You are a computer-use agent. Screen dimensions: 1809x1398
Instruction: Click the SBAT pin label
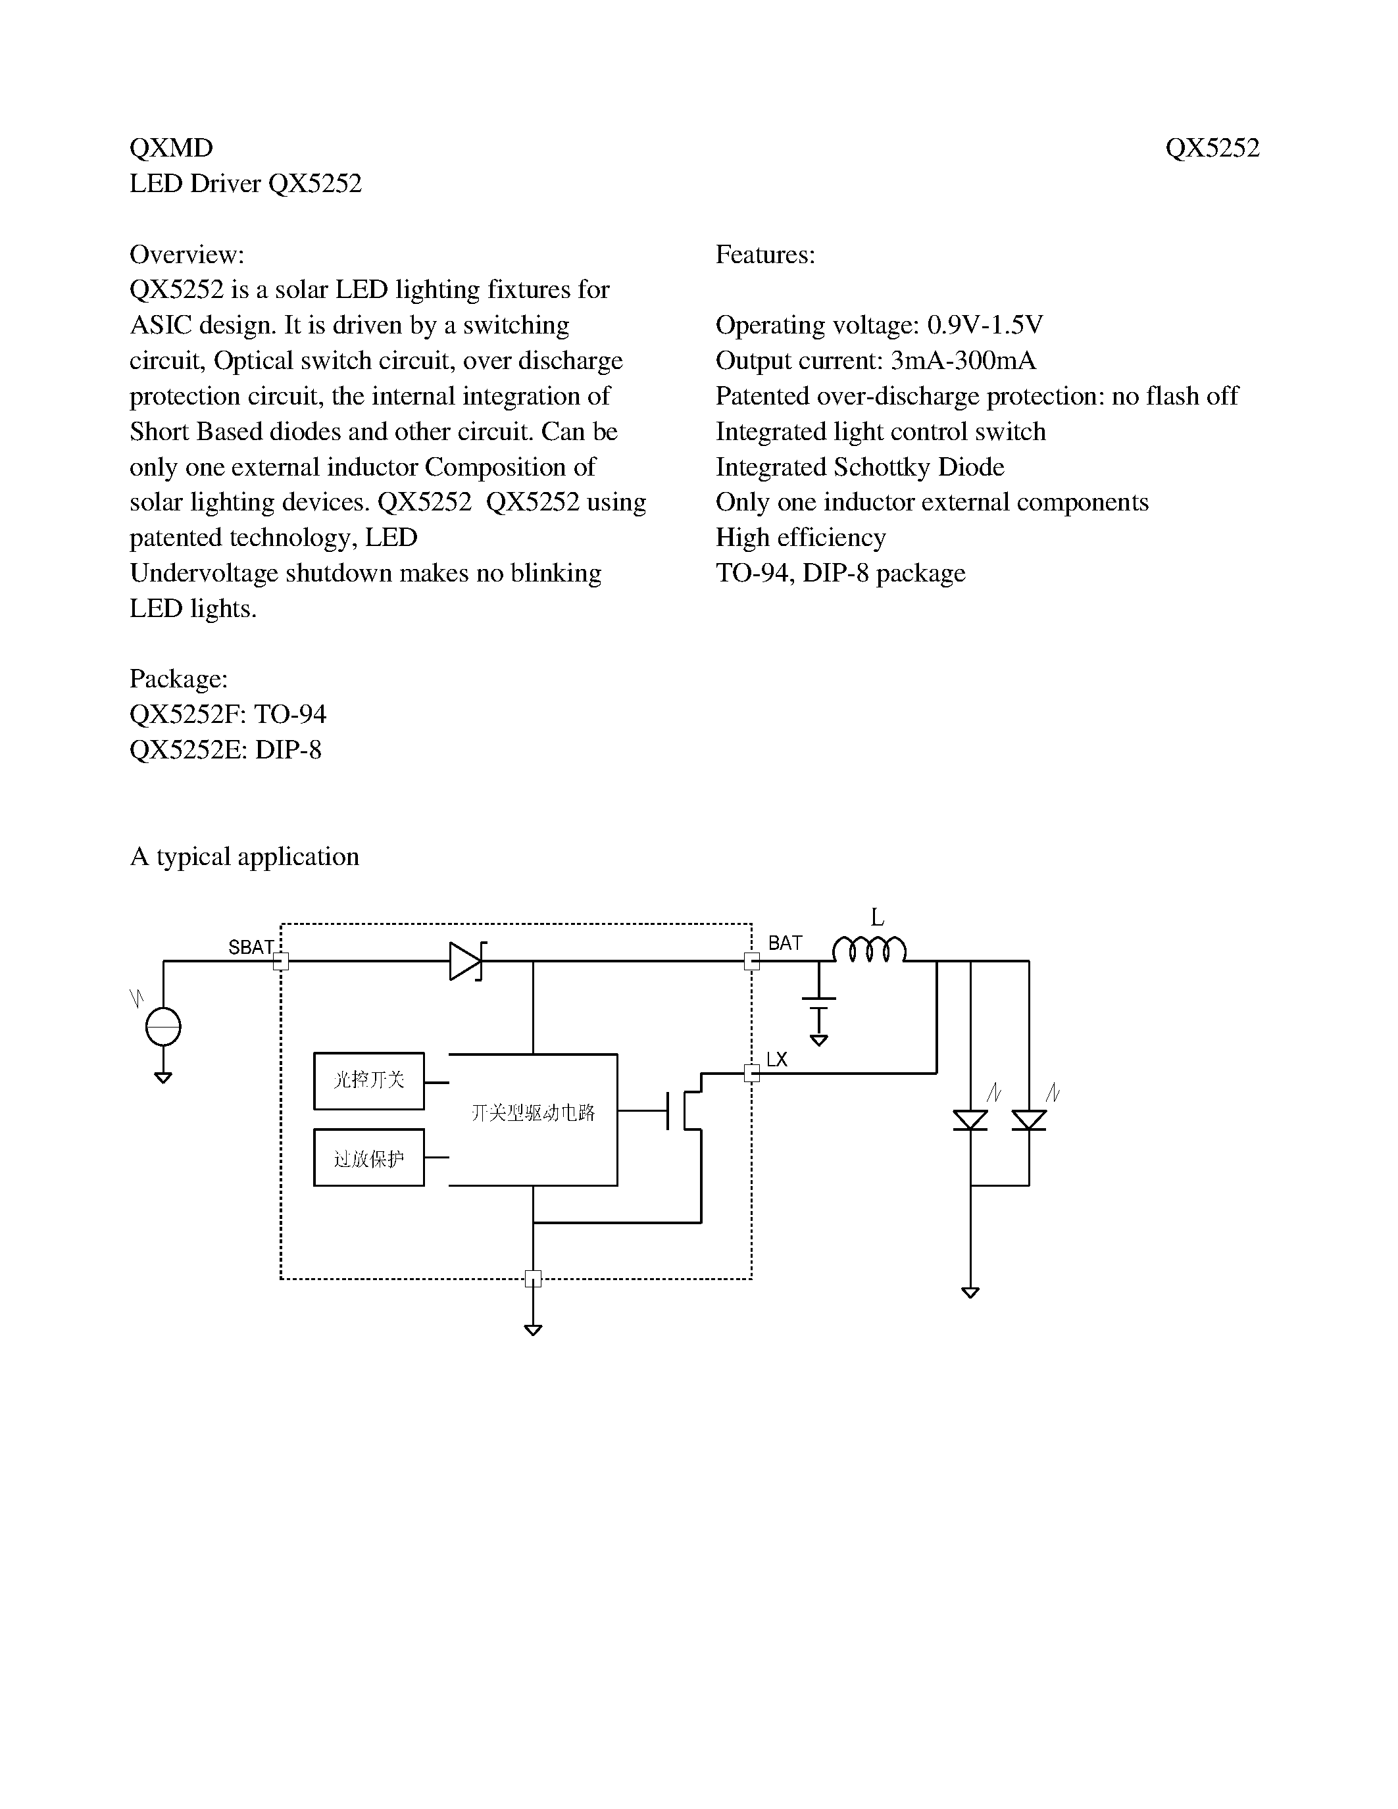[x=250, y=947]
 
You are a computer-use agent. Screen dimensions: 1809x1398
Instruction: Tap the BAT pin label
[x=784, y=943]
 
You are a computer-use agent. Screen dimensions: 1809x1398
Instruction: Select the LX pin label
[x=776, y=1059]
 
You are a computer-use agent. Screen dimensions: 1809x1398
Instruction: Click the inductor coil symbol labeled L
[x=869, y=949]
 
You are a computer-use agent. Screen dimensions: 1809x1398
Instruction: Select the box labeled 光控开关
[x=368, y=1080]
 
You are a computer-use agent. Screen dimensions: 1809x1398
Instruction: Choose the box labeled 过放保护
[x=368, y=1157]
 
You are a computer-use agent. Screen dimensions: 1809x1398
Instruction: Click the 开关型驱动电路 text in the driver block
[x=532, y=1112]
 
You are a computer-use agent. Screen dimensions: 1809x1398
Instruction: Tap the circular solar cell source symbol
[x=163, y=1028]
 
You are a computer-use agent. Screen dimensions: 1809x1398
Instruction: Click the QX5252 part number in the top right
[x=1212, y=148]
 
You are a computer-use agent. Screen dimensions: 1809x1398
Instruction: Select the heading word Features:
[x=765, y=255]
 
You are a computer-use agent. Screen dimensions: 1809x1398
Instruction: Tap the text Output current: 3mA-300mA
[x=876, y=361]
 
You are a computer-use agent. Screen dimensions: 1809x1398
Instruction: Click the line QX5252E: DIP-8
[x=225, y=751]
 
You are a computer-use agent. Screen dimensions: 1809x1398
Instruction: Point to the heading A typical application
[x=244, y=856]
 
